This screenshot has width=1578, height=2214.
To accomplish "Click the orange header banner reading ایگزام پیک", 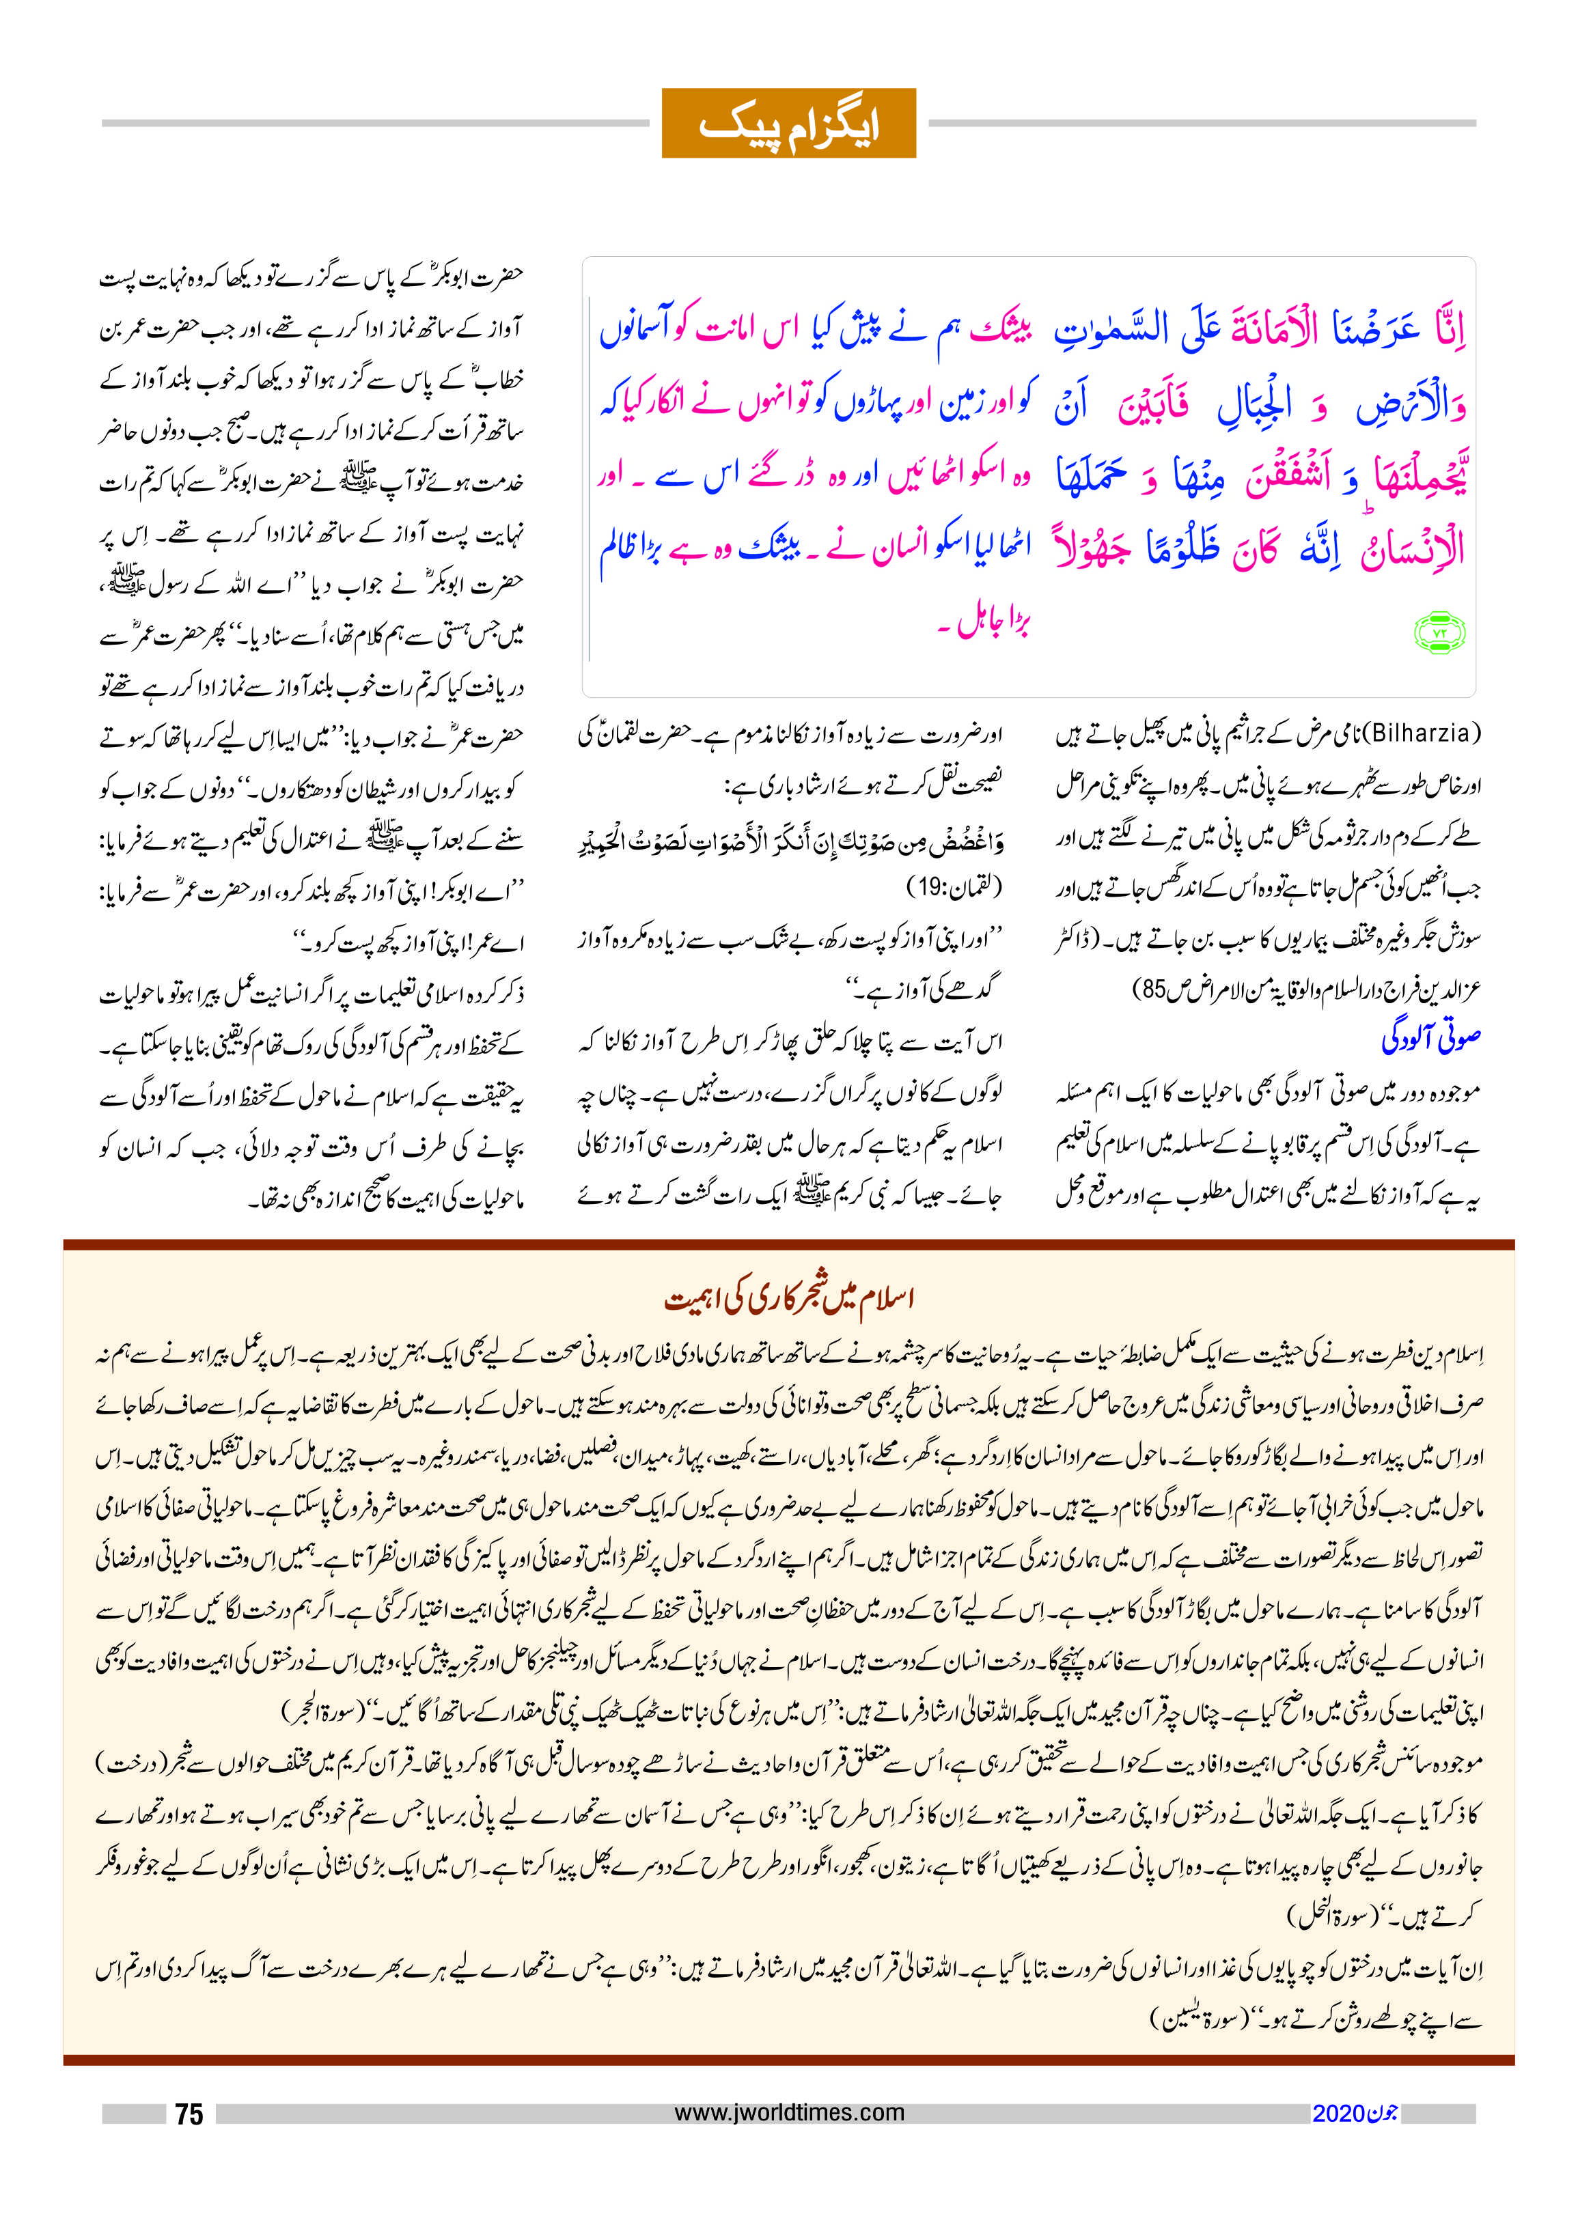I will (x=788, y=124).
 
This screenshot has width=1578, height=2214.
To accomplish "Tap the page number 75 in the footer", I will (x=189, y=2114).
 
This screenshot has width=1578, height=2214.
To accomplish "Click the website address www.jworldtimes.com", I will (x=789, y=2112).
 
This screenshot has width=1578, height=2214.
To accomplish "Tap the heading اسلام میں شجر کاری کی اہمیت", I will (x=789, y=1299).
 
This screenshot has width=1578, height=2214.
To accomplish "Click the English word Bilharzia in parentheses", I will (x=1422, y=733).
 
